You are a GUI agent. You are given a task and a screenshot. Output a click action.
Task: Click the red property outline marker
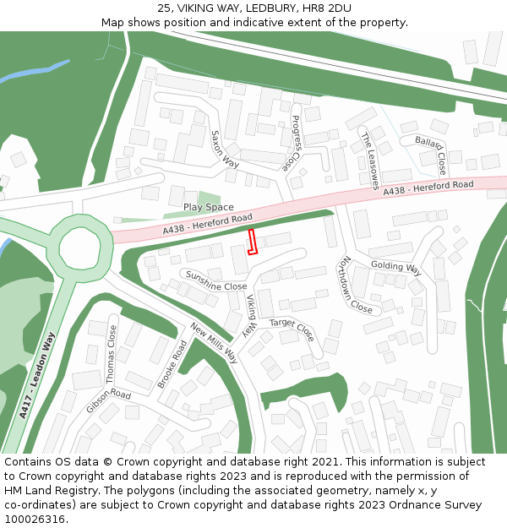(251, 242)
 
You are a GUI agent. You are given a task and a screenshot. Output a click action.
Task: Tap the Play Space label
(208, 207)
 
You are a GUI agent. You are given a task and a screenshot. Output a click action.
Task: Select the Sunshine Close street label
(215, 280)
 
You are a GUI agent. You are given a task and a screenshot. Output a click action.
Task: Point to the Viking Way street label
(251, 315)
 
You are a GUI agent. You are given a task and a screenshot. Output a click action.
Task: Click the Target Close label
(292, 329)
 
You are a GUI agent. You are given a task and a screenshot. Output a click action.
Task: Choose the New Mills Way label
(215, 342)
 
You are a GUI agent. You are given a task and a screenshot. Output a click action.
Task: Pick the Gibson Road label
(108, 401)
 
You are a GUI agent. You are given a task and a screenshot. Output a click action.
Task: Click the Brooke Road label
(172, 364)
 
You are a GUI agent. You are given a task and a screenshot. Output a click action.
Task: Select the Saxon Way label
(225, 150)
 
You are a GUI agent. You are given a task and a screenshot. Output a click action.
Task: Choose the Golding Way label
(395, 267)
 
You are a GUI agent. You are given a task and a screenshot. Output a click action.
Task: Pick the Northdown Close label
(356, 285)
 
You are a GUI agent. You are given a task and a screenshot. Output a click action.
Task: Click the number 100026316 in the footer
(34, 519)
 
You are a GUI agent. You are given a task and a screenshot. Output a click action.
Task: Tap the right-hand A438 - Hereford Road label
(428, 188)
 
